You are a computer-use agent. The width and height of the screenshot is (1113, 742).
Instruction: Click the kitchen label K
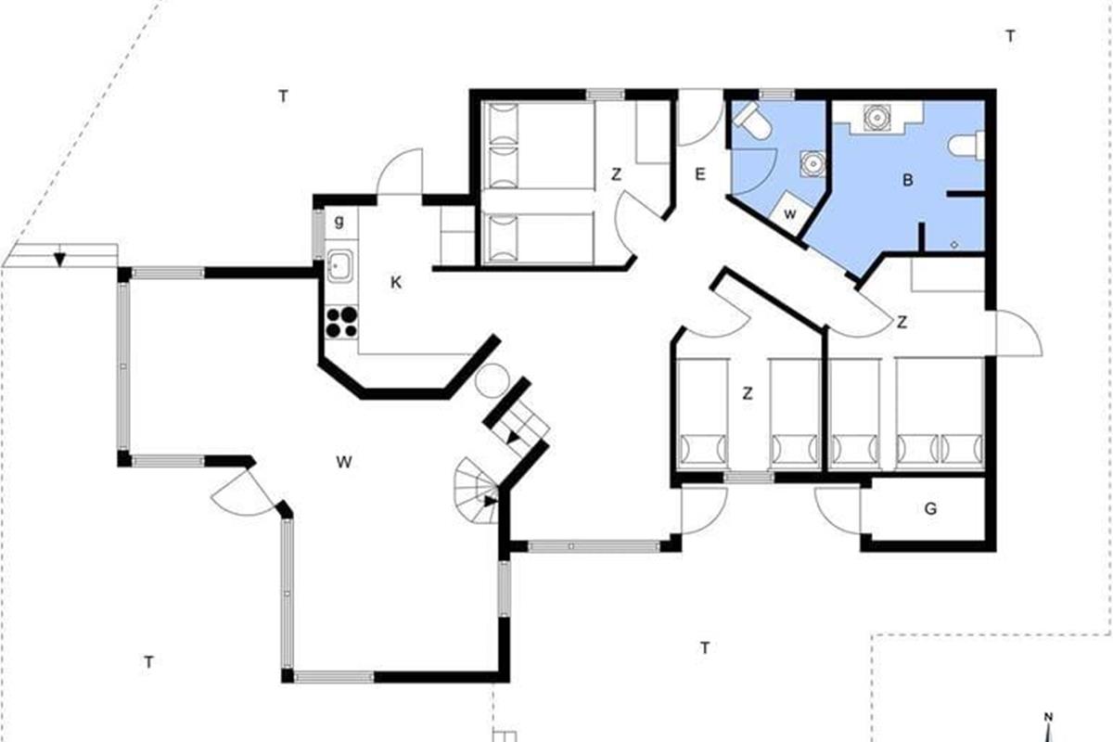point(395,282)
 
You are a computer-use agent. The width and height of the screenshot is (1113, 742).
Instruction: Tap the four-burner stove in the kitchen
point(342,323)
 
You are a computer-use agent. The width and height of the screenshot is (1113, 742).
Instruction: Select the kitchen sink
point(341,266)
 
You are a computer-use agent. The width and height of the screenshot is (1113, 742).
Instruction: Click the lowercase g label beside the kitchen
point(339,221)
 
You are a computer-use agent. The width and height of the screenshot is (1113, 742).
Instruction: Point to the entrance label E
point(699,174)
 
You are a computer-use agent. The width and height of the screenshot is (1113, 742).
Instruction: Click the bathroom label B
point(907,180)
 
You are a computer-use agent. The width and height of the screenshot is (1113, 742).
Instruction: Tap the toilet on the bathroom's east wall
point(966,146)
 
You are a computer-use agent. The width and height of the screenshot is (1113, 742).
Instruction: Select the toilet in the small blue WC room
point(752,122)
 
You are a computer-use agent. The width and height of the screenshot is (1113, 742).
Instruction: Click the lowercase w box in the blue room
point(790,213)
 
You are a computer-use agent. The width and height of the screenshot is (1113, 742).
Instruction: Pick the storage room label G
point(930,508)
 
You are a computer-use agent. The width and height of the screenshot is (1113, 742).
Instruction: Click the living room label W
point(344,462)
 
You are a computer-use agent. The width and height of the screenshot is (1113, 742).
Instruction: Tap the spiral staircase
point(476,491)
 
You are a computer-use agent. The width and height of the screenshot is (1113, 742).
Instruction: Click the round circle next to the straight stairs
point(492,380)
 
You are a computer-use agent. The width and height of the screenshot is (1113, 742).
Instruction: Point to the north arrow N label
point(1048,717)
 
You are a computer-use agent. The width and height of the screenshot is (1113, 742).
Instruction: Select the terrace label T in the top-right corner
point(1010,36)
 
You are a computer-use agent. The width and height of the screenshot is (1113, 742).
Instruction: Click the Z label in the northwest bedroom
point(616,174)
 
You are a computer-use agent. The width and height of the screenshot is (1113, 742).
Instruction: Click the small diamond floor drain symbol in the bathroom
point(954,244)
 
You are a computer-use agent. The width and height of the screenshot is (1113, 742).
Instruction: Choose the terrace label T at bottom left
point(148,662)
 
